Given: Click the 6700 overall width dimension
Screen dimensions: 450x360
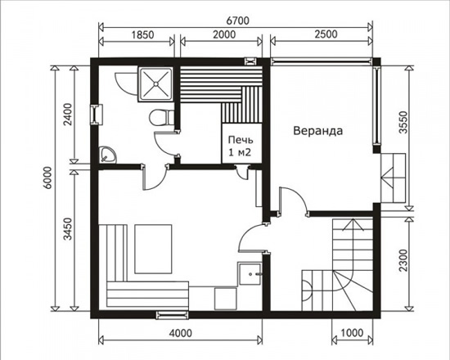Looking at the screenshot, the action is [x=237, y=20].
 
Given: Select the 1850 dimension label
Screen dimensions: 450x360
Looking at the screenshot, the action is [x=142, y=34].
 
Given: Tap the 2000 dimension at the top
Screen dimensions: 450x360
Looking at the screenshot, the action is [x=224, y=34].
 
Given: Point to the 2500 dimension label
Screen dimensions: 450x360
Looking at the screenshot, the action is [x=326, y=34].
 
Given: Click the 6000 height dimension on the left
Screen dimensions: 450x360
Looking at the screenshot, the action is [x=47, y=177].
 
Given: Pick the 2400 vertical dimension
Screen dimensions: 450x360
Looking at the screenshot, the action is [x=68, y=115].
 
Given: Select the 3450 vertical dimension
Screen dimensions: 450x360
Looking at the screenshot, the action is [x=68, y=229].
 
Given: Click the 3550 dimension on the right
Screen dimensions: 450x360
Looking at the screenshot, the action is [x=403, y=122].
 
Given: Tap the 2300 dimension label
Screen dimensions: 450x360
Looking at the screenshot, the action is [x=403, y=260].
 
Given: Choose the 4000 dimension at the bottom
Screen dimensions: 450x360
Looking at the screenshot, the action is [x=180, y=333].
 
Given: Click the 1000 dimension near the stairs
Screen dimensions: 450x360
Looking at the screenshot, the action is [x=352, y=333].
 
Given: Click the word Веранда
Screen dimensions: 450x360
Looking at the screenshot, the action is [x=318, y=131].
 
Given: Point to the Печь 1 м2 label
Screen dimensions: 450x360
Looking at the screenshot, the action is [x=241, y=146].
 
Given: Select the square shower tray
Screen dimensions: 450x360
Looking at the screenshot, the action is [x=155, y=83].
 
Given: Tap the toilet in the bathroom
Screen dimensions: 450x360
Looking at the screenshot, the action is [x=161, y=118].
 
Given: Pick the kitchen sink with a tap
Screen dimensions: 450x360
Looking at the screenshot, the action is [x=250, y=274].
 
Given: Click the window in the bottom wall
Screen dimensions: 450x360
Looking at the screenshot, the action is [x=173, y=315].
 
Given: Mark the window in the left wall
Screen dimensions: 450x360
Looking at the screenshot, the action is [x=97, y=115].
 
